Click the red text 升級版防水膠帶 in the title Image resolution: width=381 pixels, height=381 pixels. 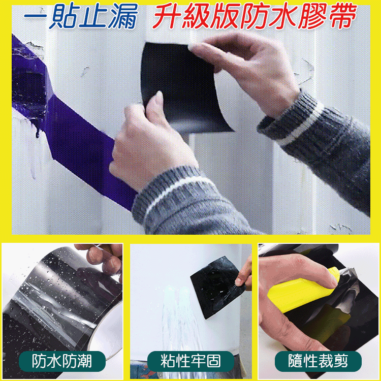click(x=254, y=17)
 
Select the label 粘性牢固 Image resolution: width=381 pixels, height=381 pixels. click(x=190, y=361)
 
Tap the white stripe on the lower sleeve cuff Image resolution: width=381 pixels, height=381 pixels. click(x=173, y=196)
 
